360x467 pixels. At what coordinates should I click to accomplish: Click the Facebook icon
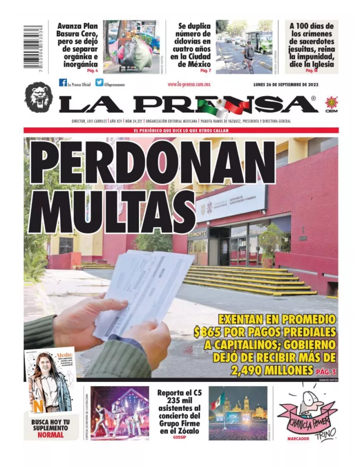pyautogui.click(x=63, y=83)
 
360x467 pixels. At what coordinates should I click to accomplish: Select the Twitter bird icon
pyautogui.click(x=99, y=83)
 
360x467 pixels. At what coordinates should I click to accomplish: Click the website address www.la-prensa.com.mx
pyautogui.click(x=189, y=84)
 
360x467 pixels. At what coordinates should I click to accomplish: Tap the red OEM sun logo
pyautogui.click(x=331, y=103)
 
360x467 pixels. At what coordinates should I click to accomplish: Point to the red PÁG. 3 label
pyautogui.click(x=327, y=371)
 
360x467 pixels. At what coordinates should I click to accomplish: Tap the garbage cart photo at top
pyautogui.click(x=131, y=46)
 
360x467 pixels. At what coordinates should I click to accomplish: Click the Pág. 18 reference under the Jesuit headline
pyautogui.click(x=312, y=70)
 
